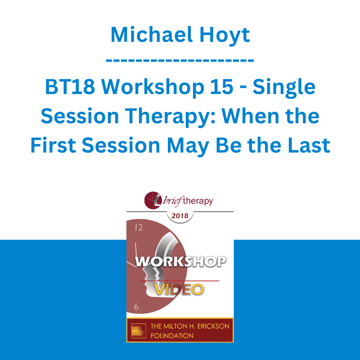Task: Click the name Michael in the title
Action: pyautogui.click(x=152, y=35)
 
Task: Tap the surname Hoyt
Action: pyautogui.click(x=225, y=36)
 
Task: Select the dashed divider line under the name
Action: pyautogui.click(x=180, y=61)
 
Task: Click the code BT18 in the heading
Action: pyautogui.click(x=70, y=87)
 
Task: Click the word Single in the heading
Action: pyautogui.click(x=284, y=88)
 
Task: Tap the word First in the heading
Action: pyautogui.click(x=53, y=145)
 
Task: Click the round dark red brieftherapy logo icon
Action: pyautogui.click(x=153, y=200)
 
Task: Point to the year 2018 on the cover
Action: pyautogui.click(x=180, y=216)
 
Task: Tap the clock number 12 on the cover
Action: pyautogui.click(x=139, y=227)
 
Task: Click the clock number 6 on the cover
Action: pyautogui.click(x=136, y=306)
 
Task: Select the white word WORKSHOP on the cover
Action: pyautogui.click(x=181, y=261)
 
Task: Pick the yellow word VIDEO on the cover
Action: pyautogui.click(x=179, y=289)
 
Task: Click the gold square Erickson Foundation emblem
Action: pyautogui.click(x=139, y=331)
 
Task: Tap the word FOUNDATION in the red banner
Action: pyautogui.click(x=172, y=336)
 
